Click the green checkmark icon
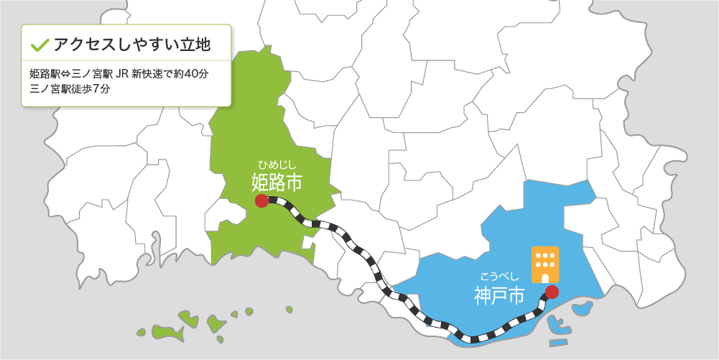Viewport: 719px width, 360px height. point(40,45)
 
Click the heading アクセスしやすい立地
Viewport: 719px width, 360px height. point(132,45)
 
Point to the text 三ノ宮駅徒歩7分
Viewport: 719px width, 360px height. point(70,89)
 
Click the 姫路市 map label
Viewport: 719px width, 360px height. point(277,182)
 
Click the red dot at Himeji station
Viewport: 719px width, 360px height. point(262,201)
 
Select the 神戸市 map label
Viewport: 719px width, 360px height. point(499,295)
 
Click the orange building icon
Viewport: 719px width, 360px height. point(544,264)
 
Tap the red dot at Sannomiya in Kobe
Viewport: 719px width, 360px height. point(552,292)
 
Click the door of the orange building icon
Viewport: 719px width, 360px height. point(544,277)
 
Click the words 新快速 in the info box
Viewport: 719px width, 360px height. point(149,74)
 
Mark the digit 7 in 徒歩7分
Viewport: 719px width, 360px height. point(96,89)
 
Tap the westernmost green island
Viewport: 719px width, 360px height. point(141,333)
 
